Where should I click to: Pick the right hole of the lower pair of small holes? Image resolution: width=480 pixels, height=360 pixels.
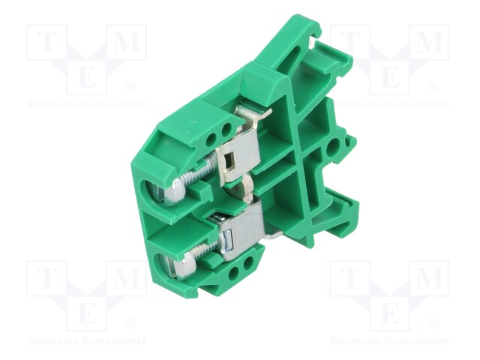pos(248,262)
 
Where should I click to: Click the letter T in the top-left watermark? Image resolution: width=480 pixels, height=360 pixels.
pos(46,42)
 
